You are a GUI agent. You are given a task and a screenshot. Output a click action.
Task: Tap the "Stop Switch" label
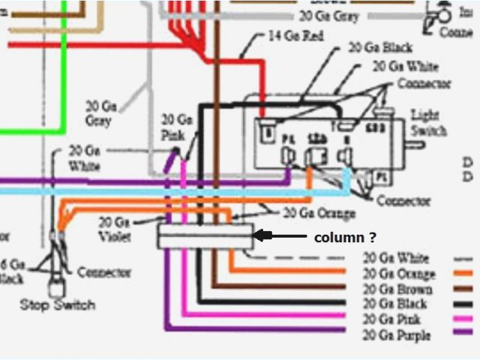click(58, 304)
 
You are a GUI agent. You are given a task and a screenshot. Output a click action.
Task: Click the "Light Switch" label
click(429, 123)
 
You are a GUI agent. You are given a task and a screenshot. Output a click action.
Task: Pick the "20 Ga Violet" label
click(115, 229)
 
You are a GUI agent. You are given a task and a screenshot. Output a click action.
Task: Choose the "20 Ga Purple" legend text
click(396, 334)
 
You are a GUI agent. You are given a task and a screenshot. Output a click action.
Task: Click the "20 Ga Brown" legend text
click(395, 289)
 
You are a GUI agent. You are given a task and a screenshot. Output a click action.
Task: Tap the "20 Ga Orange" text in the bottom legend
click(398, 273)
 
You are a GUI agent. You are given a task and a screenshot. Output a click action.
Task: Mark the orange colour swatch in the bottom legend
click(464, 273)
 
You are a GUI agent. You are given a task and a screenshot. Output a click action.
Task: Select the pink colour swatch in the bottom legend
click(464, 319)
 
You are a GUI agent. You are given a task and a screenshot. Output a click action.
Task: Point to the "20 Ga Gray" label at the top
click(329, 14)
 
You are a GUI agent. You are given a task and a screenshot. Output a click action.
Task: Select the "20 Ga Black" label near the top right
click(380, 48)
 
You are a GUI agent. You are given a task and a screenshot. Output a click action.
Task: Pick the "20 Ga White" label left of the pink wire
click(84, 157)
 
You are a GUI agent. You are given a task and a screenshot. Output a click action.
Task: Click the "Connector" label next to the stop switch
click(104, 272)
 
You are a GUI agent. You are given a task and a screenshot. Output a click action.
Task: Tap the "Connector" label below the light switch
click(403, 200)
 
